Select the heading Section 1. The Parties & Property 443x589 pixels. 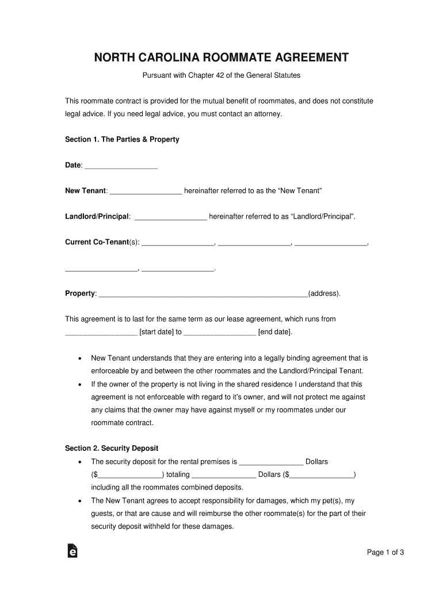click(x=122, y=139)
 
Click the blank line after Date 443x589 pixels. click(x=121, y=166)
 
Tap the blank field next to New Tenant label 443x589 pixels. click(x=146, y=192)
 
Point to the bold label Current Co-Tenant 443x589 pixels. click(x=96, y=242)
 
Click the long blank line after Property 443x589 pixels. click(x=204, y=294)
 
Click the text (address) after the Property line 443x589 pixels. click(x=324, y=293)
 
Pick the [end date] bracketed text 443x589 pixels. click(x=275, y=332)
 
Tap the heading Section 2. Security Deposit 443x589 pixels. click(x=112, y=448)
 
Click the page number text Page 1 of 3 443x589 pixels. click(x=385, y=553)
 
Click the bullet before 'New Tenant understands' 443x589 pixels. click(x=79, y=358)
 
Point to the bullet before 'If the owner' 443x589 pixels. click(x=79, y=384)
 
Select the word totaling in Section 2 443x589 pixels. click(x=178, y=475)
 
